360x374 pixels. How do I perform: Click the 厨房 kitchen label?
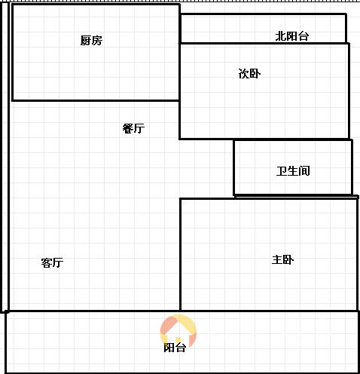click(91, 41)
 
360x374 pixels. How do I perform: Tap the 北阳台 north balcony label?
click(292, 36)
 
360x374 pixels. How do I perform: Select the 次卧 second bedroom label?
click(249, 73)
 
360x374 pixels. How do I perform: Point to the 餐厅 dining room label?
click(133, 128)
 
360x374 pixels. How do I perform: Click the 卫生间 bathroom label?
click(293, 171)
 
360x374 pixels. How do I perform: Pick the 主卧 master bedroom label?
click(282, 259)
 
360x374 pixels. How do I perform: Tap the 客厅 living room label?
click(52, 262)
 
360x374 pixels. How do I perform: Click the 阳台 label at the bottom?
click(175, 348)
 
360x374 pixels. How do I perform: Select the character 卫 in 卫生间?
click(282, 171)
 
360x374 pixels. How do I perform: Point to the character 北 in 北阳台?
click(281, 36)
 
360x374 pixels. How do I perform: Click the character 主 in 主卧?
click(277, 259)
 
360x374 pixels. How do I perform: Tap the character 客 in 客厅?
click(47, 262)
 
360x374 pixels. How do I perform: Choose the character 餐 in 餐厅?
click(128, 128)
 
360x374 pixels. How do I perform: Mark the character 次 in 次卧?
click(244, 73)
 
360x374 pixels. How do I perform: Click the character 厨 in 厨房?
click(86, 41)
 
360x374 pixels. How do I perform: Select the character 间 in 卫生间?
click(304, 171)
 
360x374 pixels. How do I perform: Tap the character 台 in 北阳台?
click(304, 36)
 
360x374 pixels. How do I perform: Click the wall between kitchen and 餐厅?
click(96, 100)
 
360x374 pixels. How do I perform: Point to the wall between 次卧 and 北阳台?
click(264, 44)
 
